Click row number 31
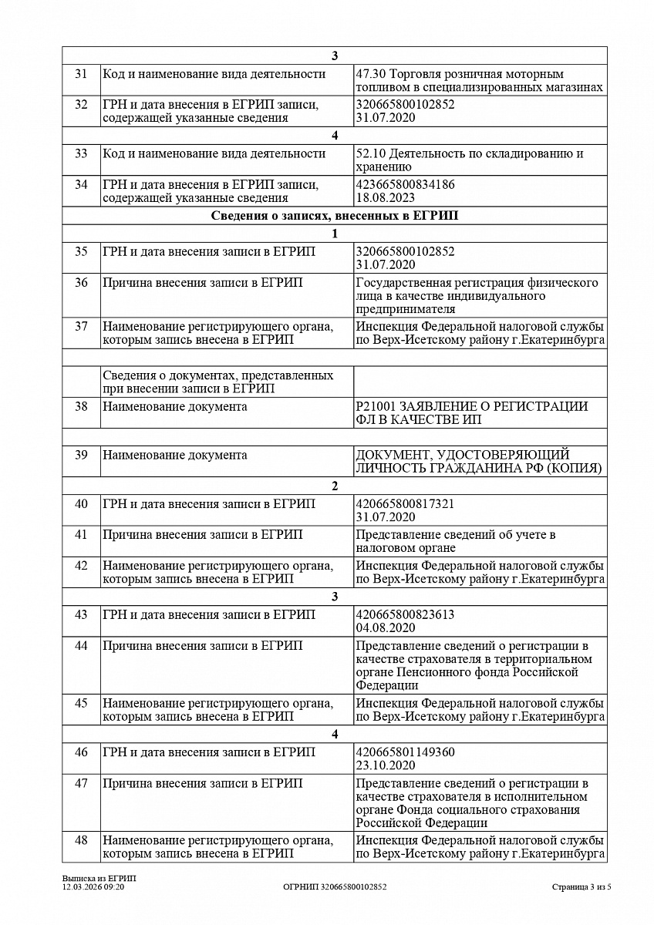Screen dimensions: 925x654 81,75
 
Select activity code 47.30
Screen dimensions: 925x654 371,75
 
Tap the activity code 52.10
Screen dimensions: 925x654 371,154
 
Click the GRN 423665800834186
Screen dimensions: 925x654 406,185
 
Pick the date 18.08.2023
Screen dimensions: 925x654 386,198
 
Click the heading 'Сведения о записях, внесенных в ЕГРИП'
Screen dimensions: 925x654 334,216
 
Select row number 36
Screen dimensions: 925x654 81,283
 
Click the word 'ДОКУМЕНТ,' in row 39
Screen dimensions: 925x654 392,456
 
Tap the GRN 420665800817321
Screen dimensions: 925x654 406,504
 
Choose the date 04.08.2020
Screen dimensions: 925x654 386,628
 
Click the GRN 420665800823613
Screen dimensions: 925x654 406,615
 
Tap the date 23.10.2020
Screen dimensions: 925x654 386,765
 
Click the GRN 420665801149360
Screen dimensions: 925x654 406,752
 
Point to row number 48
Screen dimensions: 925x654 81,840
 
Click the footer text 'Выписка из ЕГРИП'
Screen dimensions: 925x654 94,879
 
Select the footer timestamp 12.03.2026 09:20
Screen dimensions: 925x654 93,887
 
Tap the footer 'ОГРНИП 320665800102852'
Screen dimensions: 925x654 335,887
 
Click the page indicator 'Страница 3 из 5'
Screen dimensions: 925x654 582,887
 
